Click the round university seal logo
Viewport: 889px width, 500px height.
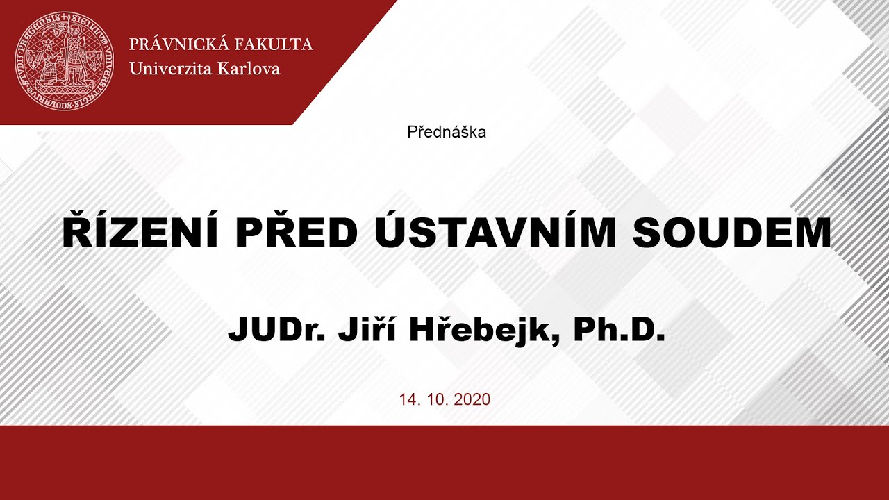[x=64, y=62]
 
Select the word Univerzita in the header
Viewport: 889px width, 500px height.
[x=169, y=69]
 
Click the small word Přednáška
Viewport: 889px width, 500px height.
[x=447, y=132]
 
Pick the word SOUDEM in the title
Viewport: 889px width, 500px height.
[x=732, y=234]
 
